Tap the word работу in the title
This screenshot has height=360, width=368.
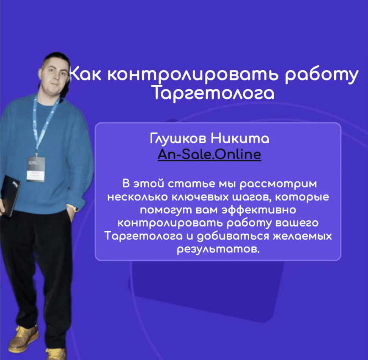[322, 75]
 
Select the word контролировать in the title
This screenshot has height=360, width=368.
[192, 75]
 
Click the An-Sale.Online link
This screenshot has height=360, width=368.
[209, 155]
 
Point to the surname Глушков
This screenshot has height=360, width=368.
[178, 138]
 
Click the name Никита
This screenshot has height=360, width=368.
[240, 138]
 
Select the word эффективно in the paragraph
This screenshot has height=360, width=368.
[259, 210]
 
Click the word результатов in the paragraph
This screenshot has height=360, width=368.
[218, 249]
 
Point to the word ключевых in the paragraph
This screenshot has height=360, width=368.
[200, 197]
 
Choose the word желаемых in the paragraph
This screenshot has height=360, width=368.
[302, 236]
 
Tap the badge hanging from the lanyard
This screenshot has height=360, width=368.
[36, 169]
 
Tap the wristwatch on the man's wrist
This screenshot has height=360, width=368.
[75, 208]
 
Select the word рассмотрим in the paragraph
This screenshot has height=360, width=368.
[278, 184]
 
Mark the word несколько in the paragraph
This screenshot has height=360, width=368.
[137, 197]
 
